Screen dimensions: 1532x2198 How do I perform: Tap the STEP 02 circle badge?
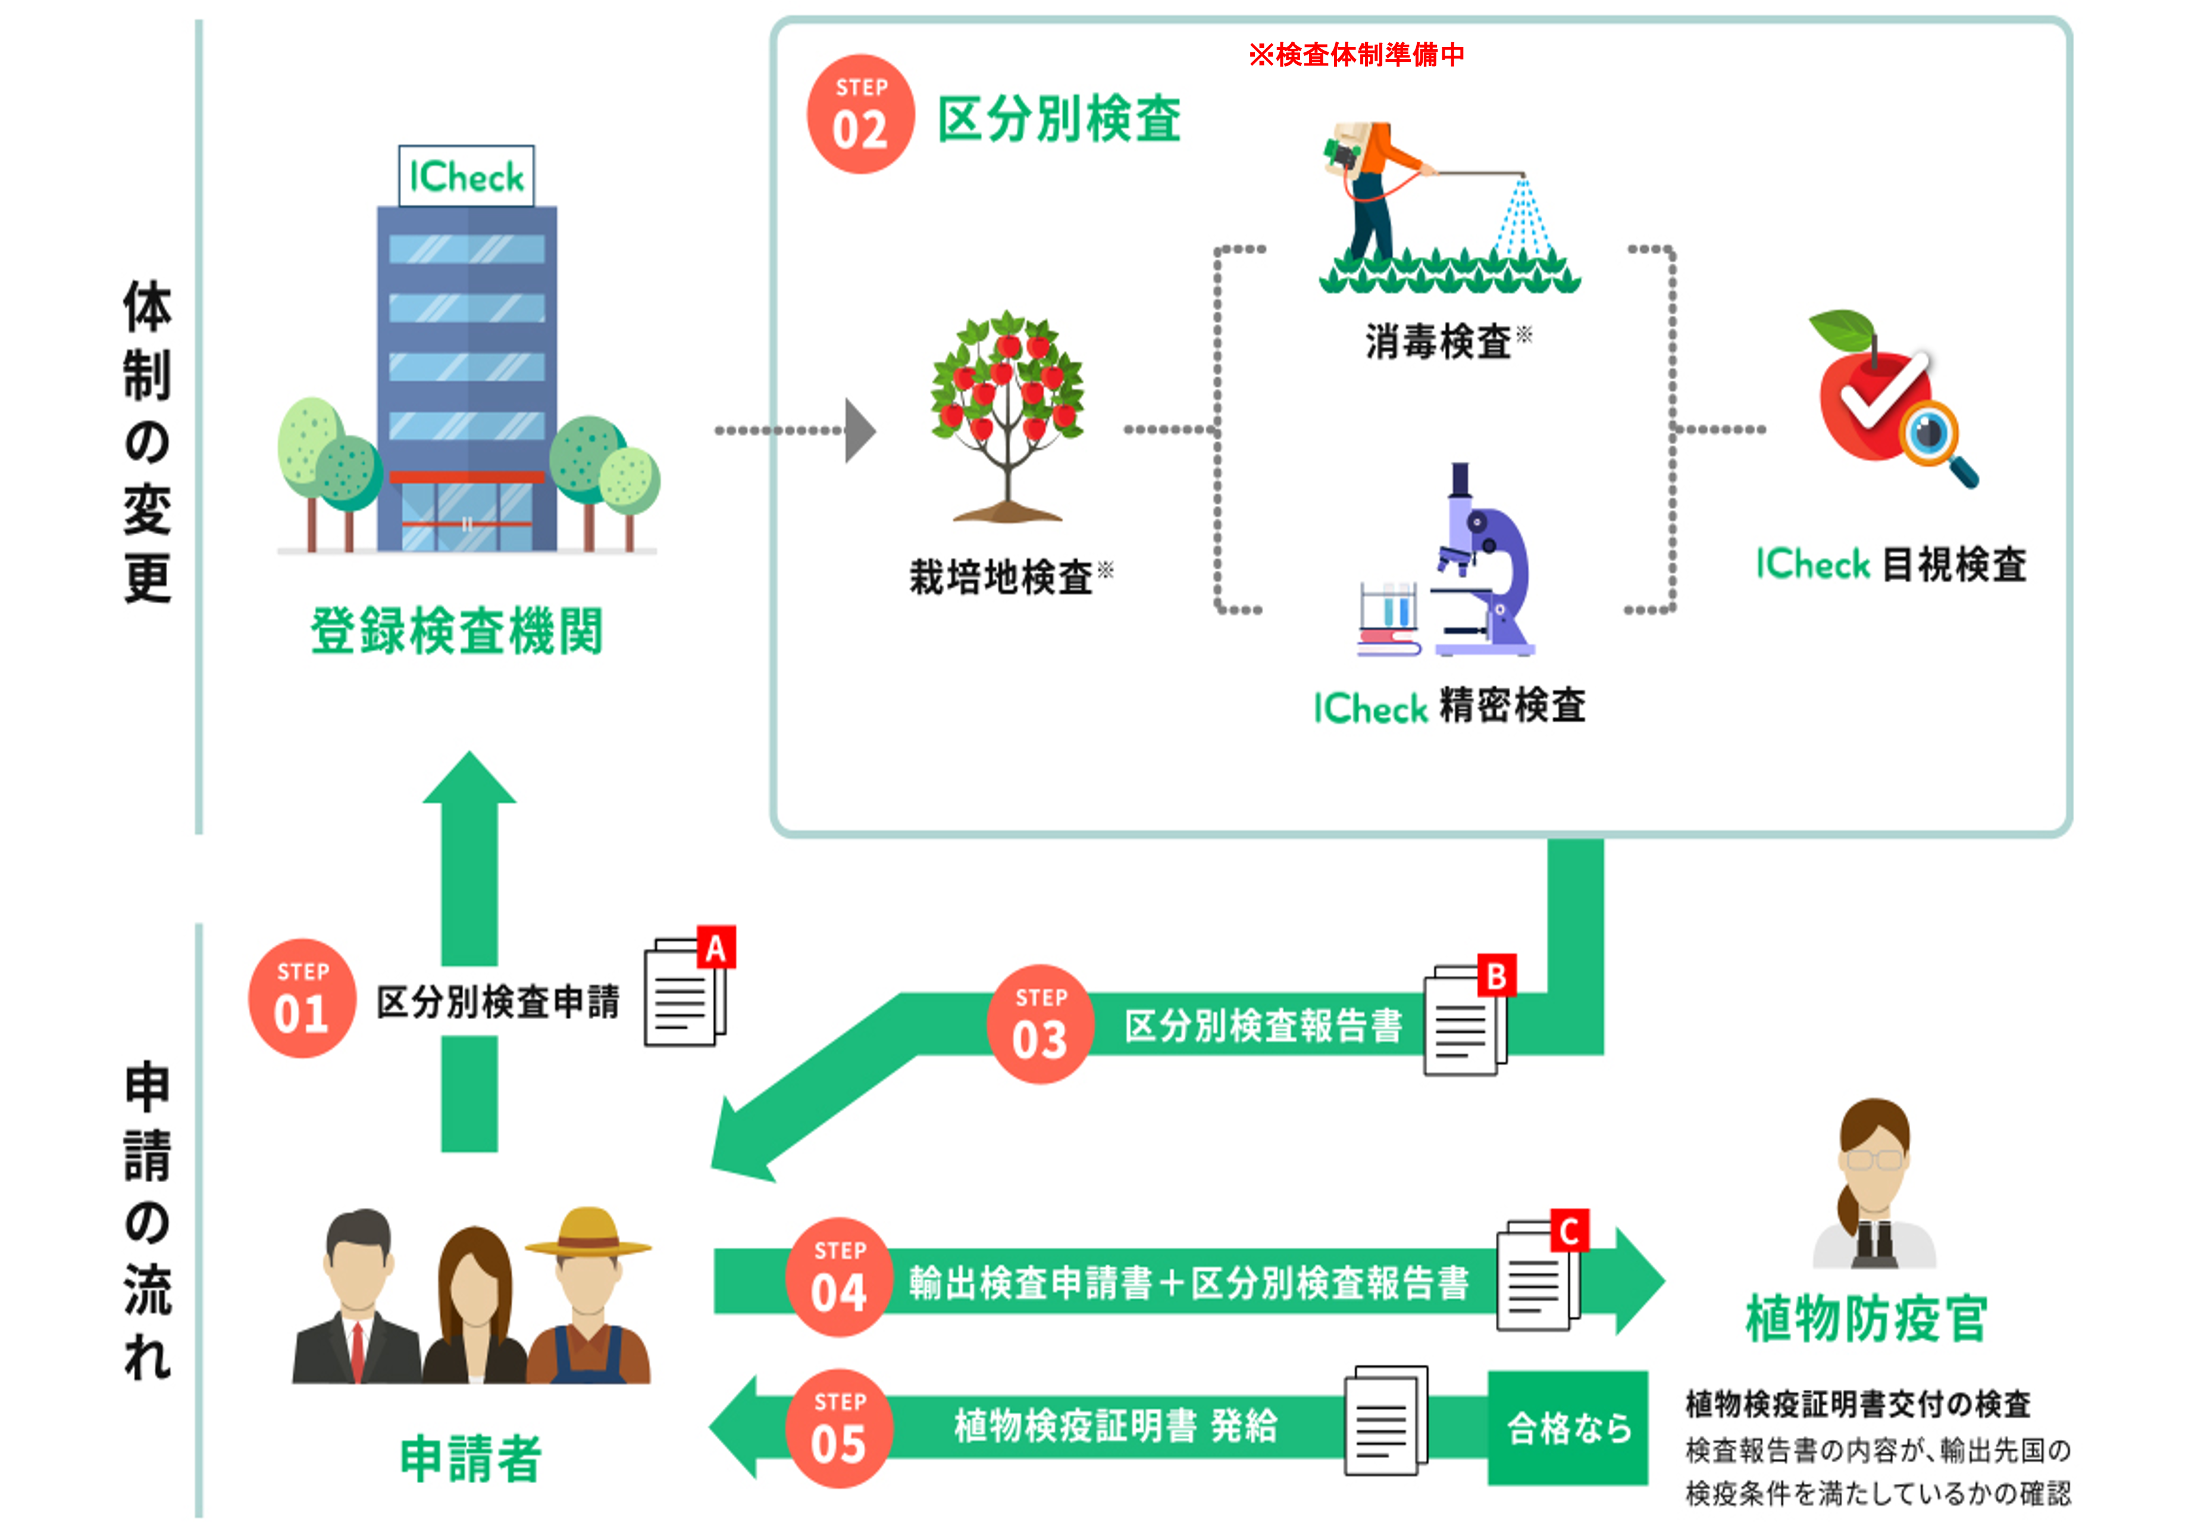tap(860, 114)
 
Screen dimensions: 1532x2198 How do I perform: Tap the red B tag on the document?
tap(1496, 976)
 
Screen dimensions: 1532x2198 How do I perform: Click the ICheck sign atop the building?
tap(466, 176)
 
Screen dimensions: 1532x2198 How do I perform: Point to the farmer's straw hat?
tap(588, 1232)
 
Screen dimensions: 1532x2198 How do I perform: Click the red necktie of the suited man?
tap(357, 1349)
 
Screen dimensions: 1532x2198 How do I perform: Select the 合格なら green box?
tap(1567, 1428)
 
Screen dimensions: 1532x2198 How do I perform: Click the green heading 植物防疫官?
tap(1866, 1318)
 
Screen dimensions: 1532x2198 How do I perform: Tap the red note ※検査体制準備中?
tap(1355, 55)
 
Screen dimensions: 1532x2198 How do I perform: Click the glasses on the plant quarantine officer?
tap(1874, 1160)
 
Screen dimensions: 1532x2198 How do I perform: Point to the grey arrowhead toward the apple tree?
tap(860, 431)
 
